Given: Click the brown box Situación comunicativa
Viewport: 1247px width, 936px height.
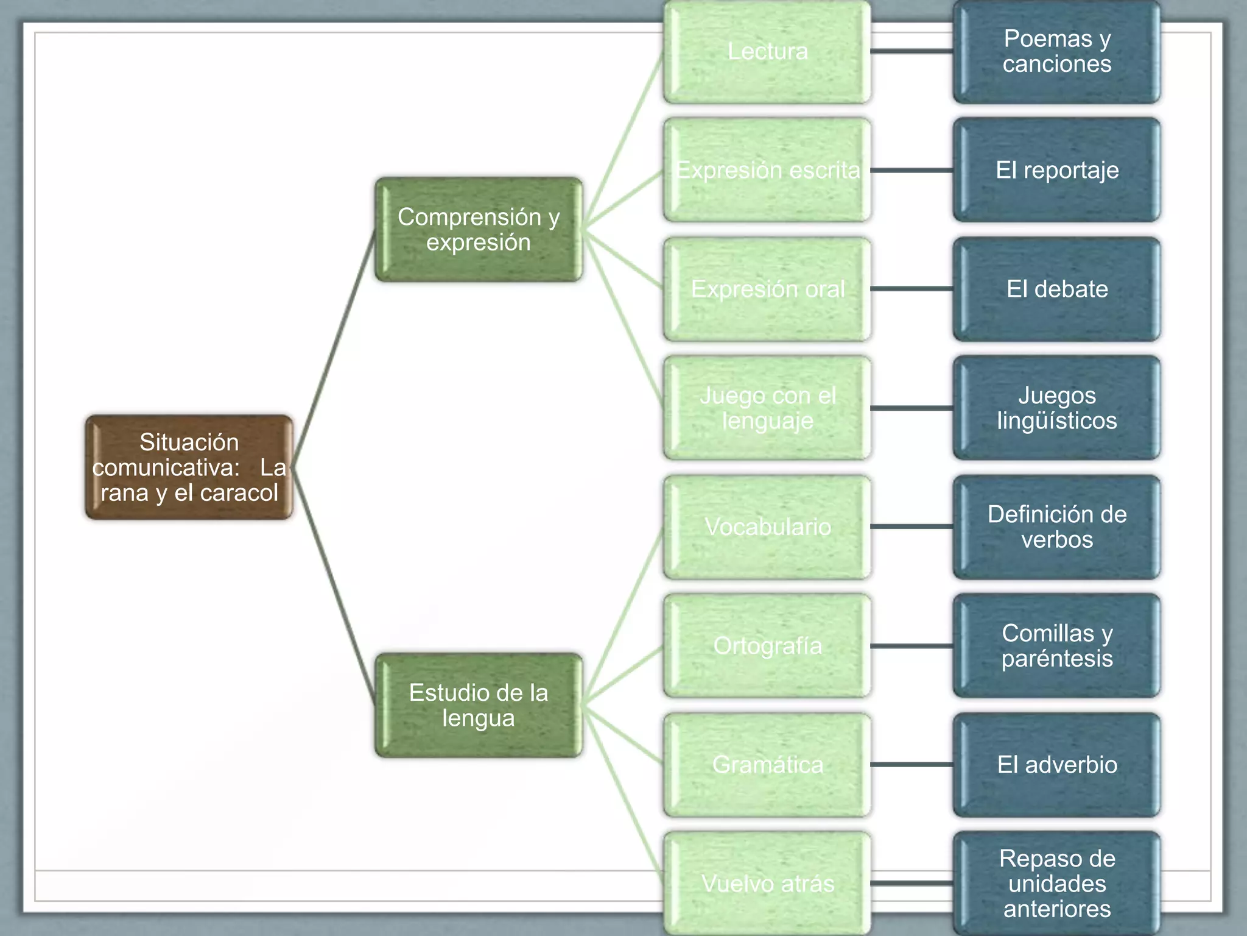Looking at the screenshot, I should [189, 467].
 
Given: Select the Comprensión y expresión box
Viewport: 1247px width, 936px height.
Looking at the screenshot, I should [479, 230].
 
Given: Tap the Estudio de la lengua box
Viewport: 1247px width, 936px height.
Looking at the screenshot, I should [479, 705].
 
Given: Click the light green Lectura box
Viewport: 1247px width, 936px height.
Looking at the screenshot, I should [767, 52].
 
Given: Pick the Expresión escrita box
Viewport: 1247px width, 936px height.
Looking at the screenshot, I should [767, 170].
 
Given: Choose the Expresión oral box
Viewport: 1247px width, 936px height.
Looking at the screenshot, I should [767, 289].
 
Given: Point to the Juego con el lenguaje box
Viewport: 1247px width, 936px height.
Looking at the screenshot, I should [767, 408].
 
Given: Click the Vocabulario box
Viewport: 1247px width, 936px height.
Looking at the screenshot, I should [767, 526].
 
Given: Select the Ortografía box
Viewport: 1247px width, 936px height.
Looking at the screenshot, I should [767, 645].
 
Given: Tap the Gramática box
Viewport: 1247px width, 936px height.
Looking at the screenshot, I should [767, 764].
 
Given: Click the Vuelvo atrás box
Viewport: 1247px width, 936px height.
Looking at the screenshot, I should [767, 883].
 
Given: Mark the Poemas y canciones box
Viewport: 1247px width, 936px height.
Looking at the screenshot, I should [1057, 52].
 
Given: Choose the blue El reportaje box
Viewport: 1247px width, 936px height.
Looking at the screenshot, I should [1057, 170].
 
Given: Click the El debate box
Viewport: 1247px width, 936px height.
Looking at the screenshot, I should [1057, 289].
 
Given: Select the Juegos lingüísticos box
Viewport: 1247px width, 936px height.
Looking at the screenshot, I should [1057, 408].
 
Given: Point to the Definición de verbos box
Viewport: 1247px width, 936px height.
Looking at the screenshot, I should [1057, 526].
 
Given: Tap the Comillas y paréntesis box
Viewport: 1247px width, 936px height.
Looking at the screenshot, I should [1057, 645].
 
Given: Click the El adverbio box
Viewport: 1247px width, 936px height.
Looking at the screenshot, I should [1057, 764].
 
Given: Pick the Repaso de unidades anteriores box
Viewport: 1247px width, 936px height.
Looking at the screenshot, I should [1057, 883].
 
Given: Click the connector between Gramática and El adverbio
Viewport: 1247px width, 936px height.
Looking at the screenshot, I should [912, 764].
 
